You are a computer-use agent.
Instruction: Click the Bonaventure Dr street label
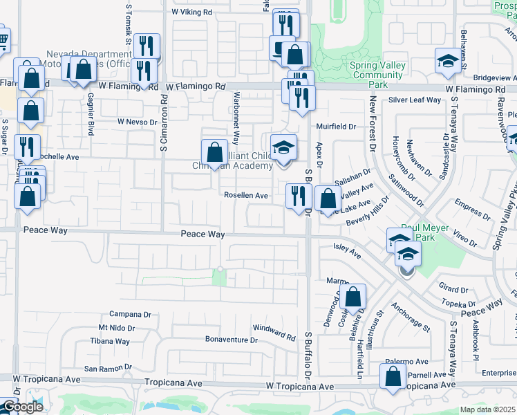click(231, 340)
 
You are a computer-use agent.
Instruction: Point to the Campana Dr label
click(130, 313)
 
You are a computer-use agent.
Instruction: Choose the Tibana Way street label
click(110, 341)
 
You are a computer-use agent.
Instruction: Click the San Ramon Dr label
click(108, 369)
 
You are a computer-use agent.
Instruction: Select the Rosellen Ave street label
click(245, 196)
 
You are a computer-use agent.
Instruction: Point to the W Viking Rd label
click(191, 12)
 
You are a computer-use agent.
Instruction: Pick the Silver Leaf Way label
click(415, 100)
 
